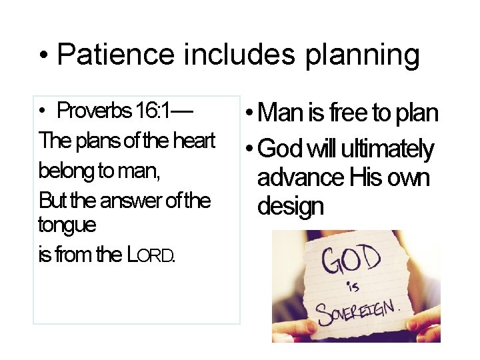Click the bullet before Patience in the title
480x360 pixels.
point(43,56)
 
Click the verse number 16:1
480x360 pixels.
point(153,111)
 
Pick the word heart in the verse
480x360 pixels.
point(193,141)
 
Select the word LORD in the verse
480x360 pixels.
point(151,255)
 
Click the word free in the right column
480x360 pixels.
point(349,114)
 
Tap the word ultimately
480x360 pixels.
point(387,149)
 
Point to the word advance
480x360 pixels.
point(300,178)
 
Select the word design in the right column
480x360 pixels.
point(290,207)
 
